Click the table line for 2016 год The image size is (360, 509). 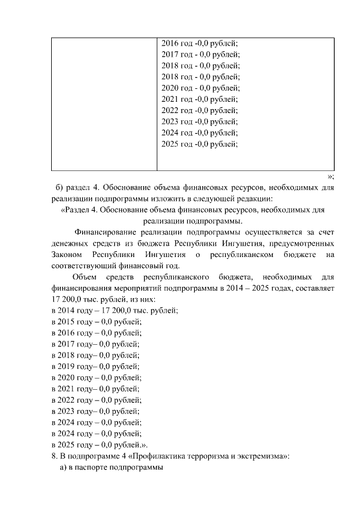coord(199,43)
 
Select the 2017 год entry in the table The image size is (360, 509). coord(200,55)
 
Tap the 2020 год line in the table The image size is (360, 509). coord(200,88)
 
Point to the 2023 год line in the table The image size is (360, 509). coord(199,121)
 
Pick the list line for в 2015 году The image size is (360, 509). coord(96,322)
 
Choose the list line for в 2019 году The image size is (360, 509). coord(95,366)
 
